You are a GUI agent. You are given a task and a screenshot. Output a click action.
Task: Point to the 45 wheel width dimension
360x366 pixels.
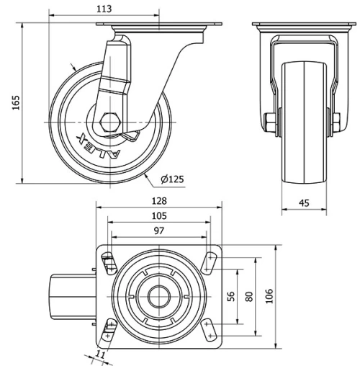click(304, 203)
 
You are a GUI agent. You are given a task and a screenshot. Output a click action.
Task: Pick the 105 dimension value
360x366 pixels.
click(159, 215)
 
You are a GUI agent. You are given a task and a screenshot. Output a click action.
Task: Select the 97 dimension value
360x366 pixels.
click(159, 231)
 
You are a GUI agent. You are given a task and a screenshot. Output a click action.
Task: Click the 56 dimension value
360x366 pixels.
click(231, 296)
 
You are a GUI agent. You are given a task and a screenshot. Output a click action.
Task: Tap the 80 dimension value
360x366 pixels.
click(249, 296)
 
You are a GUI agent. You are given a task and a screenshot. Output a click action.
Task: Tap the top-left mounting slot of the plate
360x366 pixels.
click(108, 261)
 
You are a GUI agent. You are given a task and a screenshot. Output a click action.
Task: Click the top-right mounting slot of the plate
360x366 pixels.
click(210, 261)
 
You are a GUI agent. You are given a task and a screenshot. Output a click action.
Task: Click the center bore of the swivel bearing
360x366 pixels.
click(159, 295)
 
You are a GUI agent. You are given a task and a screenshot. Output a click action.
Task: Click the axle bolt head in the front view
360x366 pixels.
click(269, 122)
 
